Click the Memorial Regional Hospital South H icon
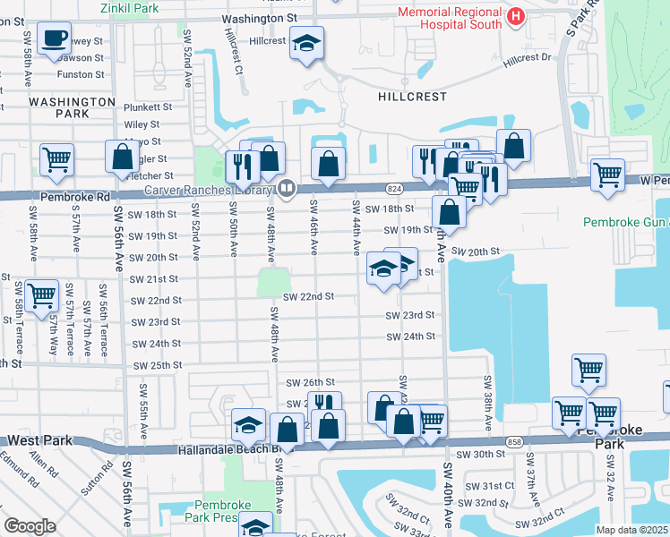pyautogui.click(x=516, y=15)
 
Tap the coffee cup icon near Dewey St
pyautogui.click(x=56, y=37)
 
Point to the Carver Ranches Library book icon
pyautogui.click(x=286, y=189)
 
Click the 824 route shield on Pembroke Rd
pyautogui.click(x=394, y=188)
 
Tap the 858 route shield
pyautogui.click(x=512, y=441)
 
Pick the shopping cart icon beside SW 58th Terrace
pyautogui.click(x=42, y=295)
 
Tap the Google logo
pyautogui.click(x=30, y=526)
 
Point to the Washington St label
pyautogui.click(x=260, y=17)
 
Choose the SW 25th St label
pyautogui.click(x=157, y=366)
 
